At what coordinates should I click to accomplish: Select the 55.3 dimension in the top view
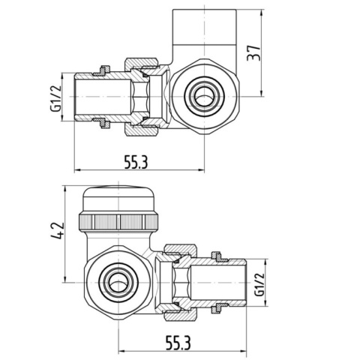pyautogui.click(x=134, y=160)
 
